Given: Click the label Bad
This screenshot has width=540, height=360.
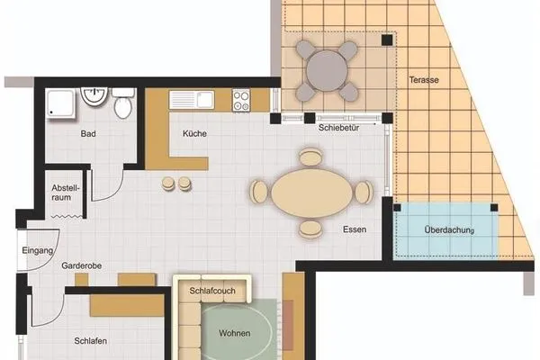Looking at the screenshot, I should click(x=88, y=134).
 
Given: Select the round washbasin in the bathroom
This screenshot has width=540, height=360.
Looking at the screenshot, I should click(x=94, y=95).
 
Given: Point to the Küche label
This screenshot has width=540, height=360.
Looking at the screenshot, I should click(x=195, y=134).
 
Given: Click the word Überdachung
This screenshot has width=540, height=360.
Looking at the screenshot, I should click(x=447, y=229).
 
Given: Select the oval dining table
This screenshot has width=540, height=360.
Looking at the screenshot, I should click(x=310, y=192).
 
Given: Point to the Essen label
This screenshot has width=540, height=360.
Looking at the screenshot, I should click(x=355, y=229).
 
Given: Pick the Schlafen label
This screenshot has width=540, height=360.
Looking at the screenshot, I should click(x=92, y=341).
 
